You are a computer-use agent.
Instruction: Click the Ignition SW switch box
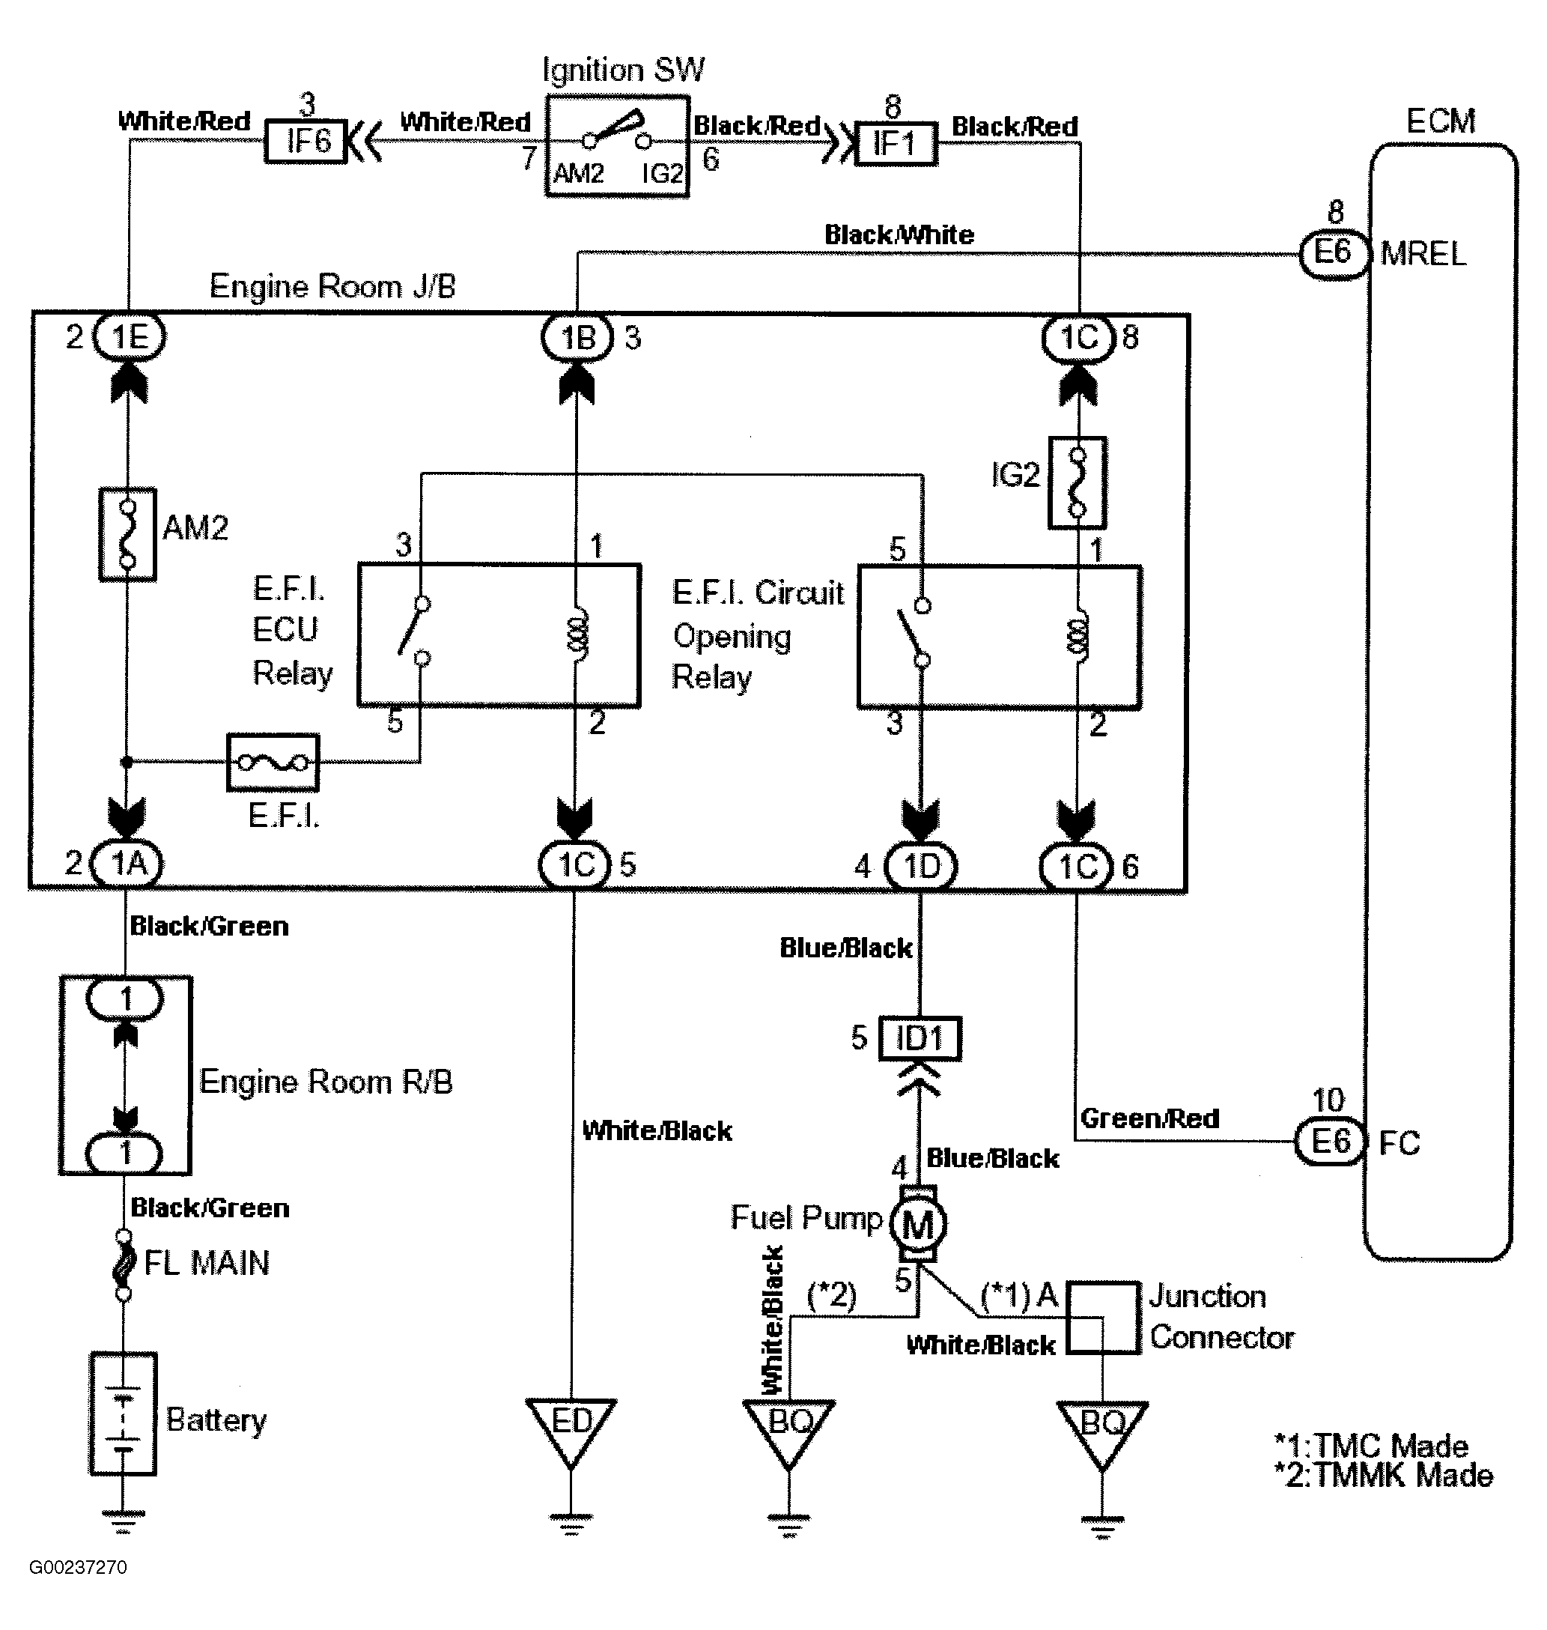point(617,146)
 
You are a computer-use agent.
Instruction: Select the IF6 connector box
point(306,141)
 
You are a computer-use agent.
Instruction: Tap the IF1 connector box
point(896,145)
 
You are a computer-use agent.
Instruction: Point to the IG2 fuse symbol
point(1077,482)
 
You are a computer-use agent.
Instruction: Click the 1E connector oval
point(130,336)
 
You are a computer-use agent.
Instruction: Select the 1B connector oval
point(577,336)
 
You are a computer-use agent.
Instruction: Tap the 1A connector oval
point(126,864)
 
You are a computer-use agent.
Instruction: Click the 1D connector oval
point(920,866)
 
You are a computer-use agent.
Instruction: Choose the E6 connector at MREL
point(1333,252)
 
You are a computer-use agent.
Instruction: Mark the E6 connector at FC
point(1329,1142)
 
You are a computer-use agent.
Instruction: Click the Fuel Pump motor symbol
point(919,1224)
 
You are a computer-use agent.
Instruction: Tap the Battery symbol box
point(123,1413)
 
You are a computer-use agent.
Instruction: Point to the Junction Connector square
point(1104,1318)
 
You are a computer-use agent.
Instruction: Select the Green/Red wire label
point(1149,1118)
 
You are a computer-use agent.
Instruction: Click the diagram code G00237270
point(79,1567)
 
